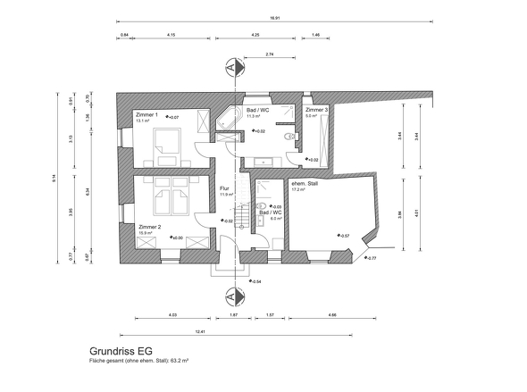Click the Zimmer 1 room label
[146, 115]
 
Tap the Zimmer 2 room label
[148, 227]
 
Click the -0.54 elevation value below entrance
[255, 281]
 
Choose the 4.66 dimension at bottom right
[332, 315]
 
